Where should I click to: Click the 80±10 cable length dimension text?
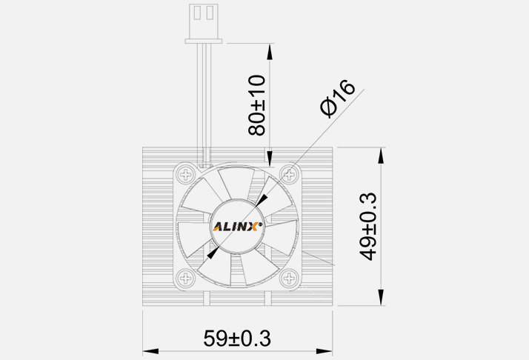[256, 104]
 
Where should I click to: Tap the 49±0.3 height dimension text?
[367, 225]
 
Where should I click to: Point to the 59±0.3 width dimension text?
[237, 339]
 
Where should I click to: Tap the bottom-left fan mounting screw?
[184, 279]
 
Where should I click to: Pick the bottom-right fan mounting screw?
[289, 279]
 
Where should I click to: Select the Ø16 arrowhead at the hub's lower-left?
[214, 253]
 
